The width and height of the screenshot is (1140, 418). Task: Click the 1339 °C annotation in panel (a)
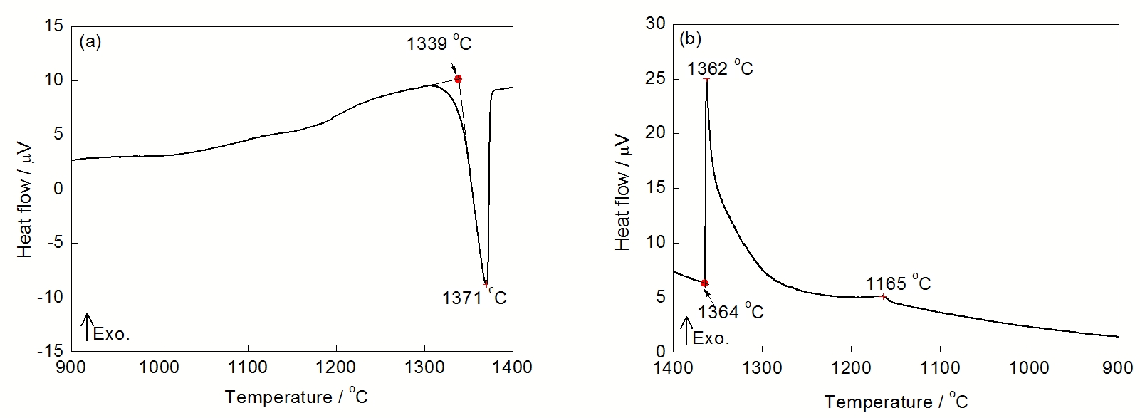pos(439,44)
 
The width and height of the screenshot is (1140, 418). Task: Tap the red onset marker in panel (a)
pos(458,79)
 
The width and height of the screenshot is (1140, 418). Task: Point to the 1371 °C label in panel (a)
pos(474,297)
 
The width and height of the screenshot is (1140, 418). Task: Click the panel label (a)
pos(91,41)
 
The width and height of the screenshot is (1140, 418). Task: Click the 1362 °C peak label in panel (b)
pos(719,68)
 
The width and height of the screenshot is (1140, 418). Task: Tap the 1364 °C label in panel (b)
pos(731,311)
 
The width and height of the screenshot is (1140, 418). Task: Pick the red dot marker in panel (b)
pos(705,283)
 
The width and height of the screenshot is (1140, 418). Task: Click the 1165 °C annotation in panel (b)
pos(898,283)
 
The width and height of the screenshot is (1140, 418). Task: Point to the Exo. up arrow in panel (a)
pos(88,326)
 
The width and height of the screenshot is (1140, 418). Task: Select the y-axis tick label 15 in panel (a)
pos(55,26)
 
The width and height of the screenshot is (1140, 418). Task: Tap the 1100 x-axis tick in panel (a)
pos(248,367)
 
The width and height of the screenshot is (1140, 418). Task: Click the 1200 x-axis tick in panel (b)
pos(851,368)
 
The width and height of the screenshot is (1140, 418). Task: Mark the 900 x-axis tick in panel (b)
pos(1118,368)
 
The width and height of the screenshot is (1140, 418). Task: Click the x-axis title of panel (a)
pos(296,397)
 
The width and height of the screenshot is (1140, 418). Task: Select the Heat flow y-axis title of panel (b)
pos(622,190)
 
